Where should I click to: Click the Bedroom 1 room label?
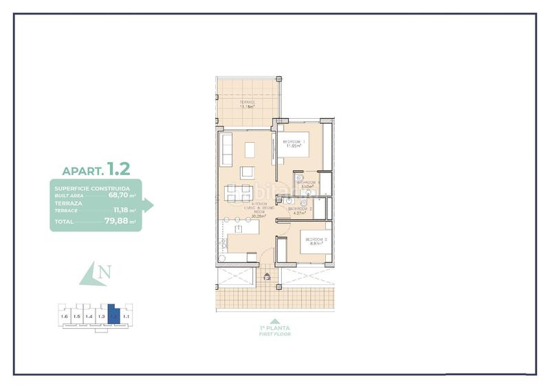[294, 141]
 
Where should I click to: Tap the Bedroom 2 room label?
[316, 239]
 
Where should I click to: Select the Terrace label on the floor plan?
[247, 102]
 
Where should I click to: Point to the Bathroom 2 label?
[300, 208]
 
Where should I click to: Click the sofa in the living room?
[226, 150]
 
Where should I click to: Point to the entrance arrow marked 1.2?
[267, 277]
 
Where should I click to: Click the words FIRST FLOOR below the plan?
[275, 334]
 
